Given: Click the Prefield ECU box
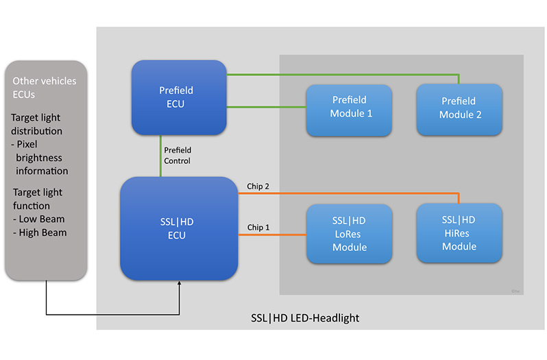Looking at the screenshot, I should click(179, 97).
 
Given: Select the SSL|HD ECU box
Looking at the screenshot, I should click(179, 228).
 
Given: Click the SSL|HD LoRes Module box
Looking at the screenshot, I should click(349, 233).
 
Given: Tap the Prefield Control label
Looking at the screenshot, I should click(178, 155).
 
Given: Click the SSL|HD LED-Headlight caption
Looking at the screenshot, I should click(305, 318).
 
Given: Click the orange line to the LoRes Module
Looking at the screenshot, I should click(272, 236).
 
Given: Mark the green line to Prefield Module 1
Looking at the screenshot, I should click(266, 107).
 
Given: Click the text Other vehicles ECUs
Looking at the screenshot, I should click(45, 88).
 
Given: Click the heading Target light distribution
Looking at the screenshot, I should click(41, 124).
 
